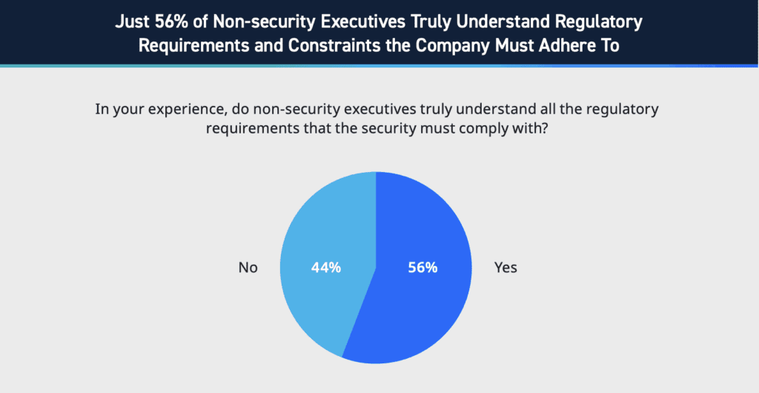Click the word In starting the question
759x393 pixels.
[x=102, y=110]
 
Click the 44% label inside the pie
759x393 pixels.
[x=325, y=268]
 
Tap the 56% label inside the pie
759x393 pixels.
[x=422, y=268]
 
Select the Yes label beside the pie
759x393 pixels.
[x=506, y=268]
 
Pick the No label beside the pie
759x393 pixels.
[x=248, y=268]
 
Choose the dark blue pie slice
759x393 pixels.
[x=422, y=311]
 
